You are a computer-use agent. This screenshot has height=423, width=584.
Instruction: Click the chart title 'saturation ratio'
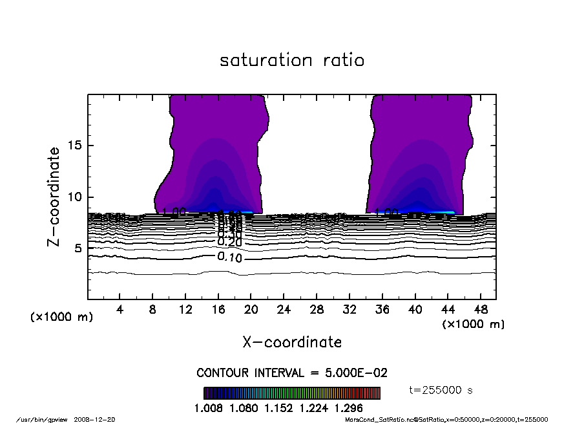point(292,61)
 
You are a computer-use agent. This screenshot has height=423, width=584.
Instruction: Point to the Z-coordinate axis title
point(54,196)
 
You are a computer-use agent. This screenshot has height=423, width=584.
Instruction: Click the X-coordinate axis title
point(292,342)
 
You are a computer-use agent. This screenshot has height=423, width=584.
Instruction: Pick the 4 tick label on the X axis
point(120,310)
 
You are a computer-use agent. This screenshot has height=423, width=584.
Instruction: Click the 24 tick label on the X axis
point(284,310)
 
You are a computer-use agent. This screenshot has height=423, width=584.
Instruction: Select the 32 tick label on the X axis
point(349,310)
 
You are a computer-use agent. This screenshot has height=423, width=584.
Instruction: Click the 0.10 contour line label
point(229,257)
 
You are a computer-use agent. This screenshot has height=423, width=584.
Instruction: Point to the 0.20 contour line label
point(229,242)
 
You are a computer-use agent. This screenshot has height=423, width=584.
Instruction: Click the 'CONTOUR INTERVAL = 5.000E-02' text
point(292,373)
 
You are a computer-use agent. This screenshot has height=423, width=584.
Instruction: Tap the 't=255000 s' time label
point(441,390)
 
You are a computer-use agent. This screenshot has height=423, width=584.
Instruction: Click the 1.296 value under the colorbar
point(349,408)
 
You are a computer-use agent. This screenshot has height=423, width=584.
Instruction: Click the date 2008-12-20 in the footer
point(99,419)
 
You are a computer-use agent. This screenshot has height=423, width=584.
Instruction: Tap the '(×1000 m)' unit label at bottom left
point(62,317)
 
